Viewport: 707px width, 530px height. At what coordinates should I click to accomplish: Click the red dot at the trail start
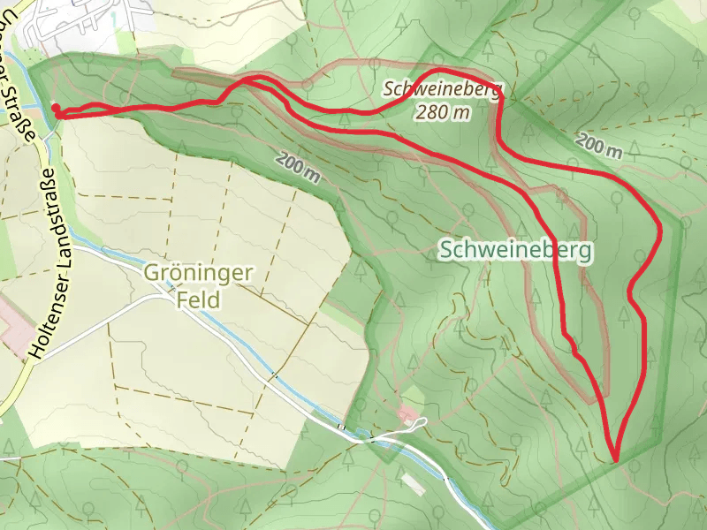click(x=56, y=109)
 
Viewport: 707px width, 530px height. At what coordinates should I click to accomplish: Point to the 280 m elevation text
click(x=443, y=111)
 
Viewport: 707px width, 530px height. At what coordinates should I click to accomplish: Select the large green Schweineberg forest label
click(x=516, y=250)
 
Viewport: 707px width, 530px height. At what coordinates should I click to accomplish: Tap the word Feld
click(x=198, y=299)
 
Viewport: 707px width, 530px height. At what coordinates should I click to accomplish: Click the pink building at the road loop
click(x=407, y=413)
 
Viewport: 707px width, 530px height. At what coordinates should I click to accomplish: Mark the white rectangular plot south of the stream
click(x=413, y=484)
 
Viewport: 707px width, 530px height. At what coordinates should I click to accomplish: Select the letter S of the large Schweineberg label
click(x=445, y=251)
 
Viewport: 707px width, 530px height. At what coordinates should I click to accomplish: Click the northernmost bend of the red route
click(x=442, y=69)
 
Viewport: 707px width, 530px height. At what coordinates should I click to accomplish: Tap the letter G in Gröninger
click(x=151, y=274)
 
